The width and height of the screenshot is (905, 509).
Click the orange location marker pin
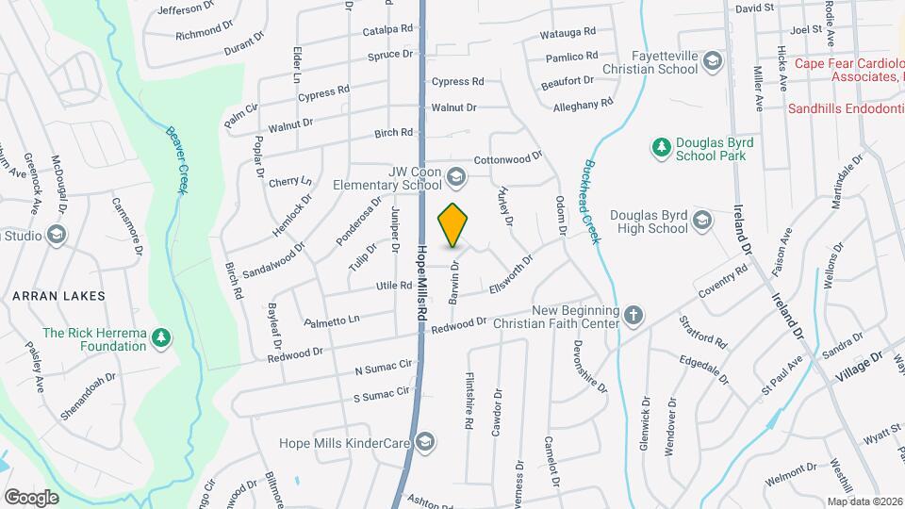pyautogui.click(x=452, y=225)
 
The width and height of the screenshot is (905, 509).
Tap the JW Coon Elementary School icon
pyautogui.click(x=455, y=177)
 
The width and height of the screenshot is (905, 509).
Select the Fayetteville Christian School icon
pyautogui.click(x=712, y=63)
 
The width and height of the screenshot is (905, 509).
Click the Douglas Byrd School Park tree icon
pyautogui.click(x=660, y=147)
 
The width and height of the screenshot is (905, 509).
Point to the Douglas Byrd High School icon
pyautogui.click(x=701, y=221)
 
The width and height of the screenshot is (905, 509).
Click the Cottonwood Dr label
pyautogui.click(x=509, y=157)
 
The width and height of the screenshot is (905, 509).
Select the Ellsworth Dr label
pyautogui.click(x=512, y=271)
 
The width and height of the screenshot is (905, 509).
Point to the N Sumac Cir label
pyautogui.click(x=384, y=367)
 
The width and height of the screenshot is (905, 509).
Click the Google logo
pyautogui.click(x=31, y=497)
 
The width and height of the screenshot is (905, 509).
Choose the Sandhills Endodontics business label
pyautogui.click(x=845, y=108)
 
